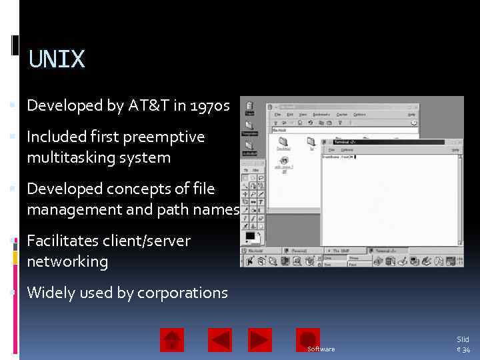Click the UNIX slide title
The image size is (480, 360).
point(57,59)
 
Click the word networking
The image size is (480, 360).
point(67,261)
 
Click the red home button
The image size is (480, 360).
point(172,340)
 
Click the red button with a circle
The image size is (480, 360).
point(307,340)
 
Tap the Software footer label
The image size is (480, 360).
point(321,349)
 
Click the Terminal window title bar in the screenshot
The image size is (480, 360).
point(387,142)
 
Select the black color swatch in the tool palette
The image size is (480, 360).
point(251,236)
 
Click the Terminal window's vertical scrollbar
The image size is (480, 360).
point(460,200)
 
